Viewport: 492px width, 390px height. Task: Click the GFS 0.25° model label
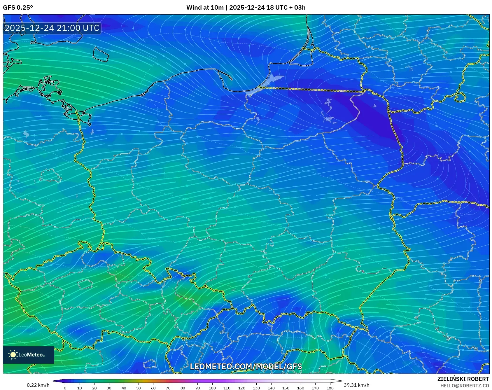18,8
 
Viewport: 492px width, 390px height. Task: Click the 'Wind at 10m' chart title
205,8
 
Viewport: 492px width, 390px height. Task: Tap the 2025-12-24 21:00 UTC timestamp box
52,28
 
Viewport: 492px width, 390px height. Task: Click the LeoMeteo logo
29,355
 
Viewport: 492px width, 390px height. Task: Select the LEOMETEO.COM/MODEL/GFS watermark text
246,366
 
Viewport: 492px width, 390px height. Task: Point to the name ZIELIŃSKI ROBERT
463,379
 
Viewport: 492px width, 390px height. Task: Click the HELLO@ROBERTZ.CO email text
464,386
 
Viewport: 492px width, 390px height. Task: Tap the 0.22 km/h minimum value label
38,385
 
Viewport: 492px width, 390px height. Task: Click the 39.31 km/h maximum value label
356,385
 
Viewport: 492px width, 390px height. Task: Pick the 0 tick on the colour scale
65,388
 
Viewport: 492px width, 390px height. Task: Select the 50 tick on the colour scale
139,388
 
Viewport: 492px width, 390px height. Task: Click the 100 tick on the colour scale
212,388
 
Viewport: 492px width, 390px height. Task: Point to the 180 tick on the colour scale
330,388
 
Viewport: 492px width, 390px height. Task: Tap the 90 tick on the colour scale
197,388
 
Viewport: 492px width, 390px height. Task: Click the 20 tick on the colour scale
94,388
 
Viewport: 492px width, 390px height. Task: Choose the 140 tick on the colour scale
271,388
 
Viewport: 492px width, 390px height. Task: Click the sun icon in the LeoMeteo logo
13,355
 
